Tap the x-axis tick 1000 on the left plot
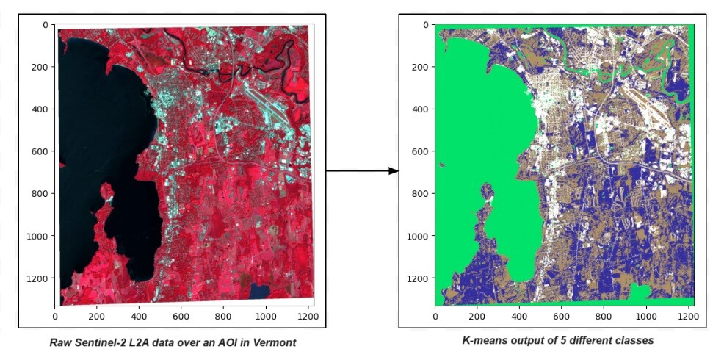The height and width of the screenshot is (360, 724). (266, 317)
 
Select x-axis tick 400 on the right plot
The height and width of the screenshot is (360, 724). (520, 317)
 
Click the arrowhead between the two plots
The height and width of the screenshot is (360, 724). (394, 171)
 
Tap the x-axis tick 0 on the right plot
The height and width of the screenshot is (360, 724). (435, 317)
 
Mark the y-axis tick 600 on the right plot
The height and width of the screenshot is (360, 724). (420, 151)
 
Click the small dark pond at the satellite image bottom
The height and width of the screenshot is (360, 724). (259, 291)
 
